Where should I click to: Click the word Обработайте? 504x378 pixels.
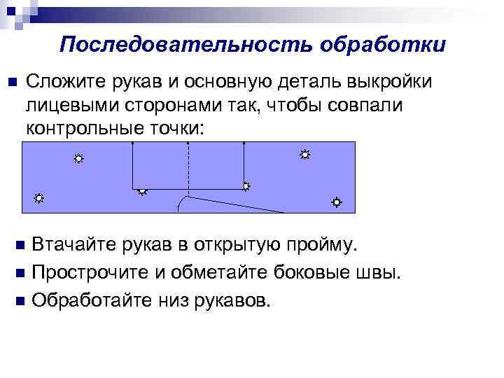point(94,300)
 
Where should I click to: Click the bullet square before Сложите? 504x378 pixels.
point(10,83)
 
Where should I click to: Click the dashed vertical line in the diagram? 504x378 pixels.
point(188,168)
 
